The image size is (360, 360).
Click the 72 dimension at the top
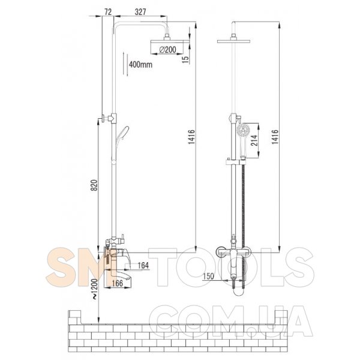tap(108, 12)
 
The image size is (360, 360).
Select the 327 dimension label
tap(140, 12)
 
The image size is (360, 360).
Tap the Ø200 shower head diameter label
tap(168, 49)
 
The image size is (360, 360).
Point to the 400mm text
tap(140, 65)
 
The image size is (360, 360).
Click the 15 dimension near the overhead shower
tap(185, 59)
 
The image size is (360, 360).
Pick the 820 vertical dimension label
tap(95, 185)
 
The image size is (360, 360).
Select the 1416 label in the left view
tap(191, 137)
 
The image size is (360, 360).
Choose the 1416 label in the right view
tap(275, 137)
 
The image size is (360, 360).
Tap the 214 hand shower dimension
tap(254, 140)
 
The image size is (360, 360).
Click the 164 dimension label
tap(143, 265)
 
